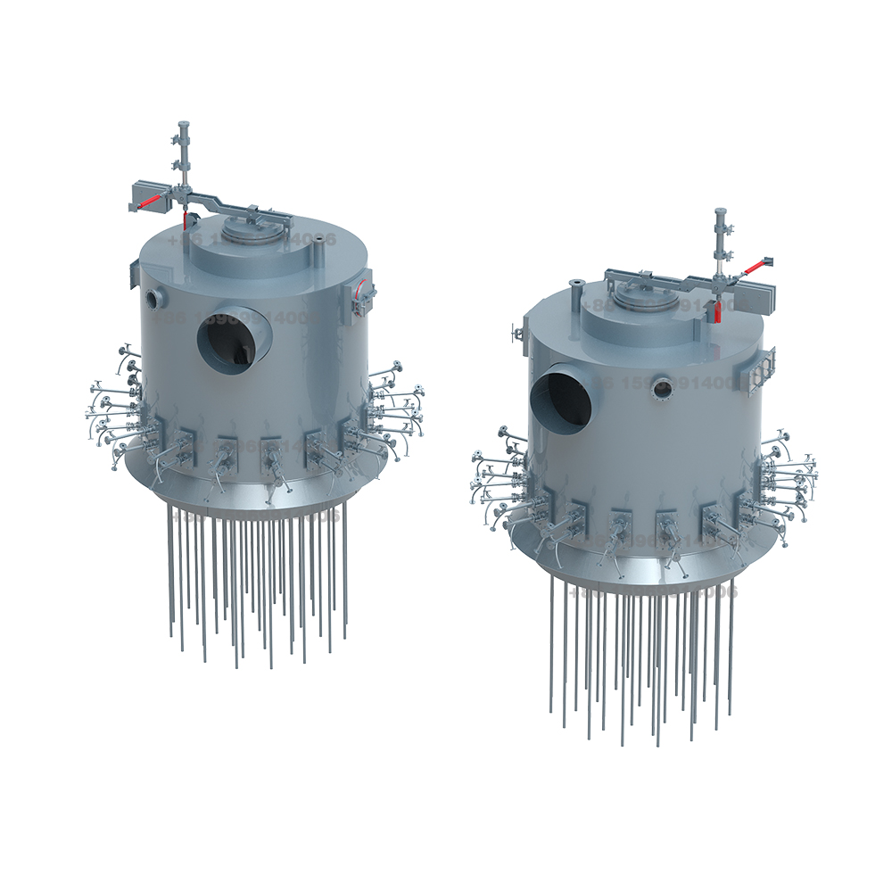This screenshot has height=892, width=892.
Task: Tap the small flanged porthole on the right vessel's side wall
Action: point(662,387)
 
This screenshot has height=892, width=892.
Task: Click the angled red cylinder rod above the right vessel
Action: point(752,265)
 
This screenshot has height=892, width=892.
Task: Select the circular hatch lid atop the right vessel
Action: point(632,293)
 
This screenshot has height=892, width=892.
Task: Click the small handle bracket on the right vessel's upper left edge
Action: point(516,333)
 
